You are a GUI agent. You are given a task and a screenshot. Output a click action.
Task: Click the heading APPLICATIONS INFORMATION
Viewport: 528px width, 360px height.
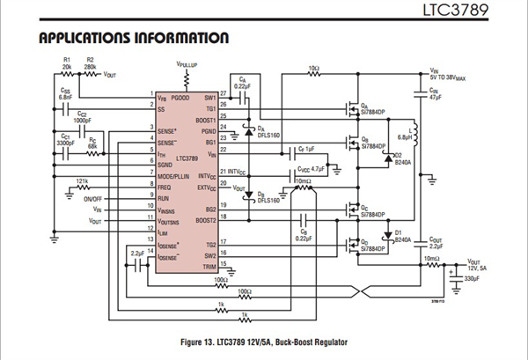[x=135, y=39]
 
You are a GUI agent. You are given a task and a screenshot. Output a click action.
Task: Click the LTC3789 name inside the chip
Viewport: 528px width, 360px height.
[x=187, y=158]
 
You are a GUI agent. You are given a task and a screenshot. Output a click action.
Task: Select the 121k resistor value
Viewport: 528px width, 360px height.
[x=82, y=180]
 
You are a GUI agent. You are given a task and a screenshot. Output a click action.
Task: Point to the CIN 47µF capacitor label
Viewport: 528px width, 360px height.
[x=435, y=92]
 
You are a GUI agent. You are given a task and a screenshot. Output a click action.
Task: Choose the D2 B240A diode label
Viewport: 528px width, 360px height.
[x=401, y=158]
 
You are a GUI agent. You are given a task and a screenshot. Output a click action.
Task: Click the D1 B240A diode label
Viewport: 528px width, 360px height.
[x=400, y=232]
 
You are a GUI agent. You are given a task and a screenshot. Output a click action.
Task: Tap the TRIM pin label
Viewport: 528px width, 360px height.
[x=209, y=265]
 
